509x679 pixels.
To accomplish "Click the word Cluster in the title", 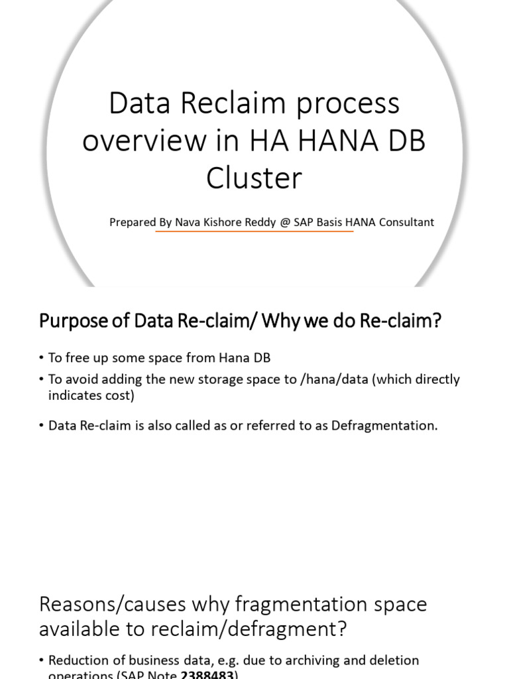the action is (x=254, y=178).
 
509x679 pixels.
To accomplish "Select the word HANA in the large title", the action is (x=331, y=141).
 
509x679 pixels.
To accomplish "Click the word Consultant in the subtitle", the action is (x=406, y=222).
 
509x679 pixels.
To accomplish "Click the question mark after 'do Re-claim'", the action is (x=436, y=322).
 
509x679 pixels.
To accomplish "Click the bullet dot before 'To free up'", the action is (x=42, y=358).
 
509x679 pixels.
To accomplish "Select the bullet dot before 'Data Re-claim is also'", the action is (x=42, y=426).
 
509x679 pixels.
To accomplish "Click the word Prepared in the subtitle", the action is (x=133, y=222).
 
